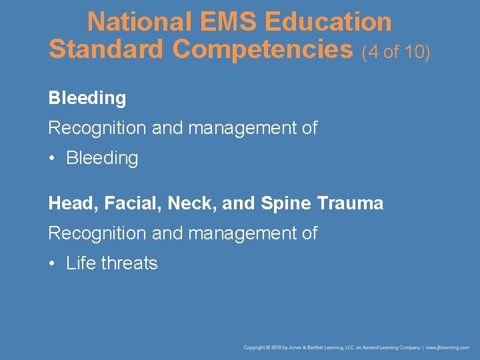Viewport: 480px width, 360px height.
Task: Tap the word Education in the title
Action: tap(328, 22)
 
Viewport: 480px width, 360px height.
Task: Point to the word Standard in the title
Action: tap(105, 49)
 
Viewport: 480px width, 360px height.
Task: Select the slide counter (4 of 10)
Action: tap(397, 51)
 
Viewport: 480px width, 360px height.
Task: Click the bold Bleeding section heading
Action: tap(87, 99)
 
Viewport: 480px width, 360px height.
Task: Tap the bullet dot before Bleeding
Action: tap(53, 159)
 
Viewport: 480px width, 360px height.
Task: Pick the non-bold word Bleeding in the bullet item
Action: tap(102, 159)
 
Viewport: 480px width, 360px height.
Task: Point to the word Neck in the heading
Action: tap(189, 203)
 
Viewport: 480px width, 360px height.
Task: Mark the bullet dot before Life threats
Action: tap(53, 263)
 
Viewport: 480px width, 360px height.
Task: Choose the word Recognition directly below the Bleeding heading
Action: tap(97, 128)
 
